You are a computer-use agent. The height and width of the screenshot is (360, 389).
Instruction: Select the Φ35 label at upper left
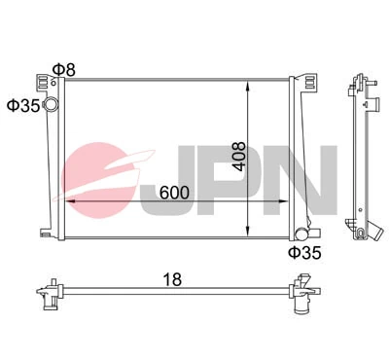coord(21,104)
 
